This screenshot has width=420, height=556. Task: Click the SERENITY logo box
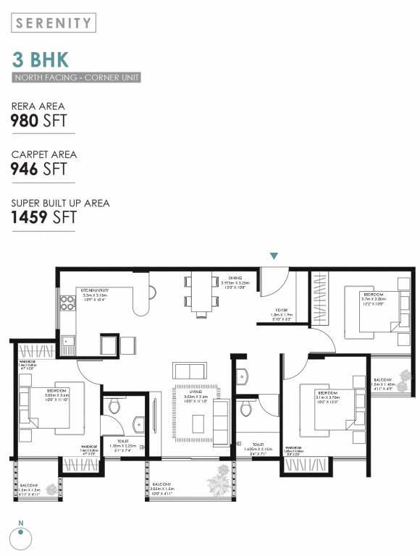[54, 22]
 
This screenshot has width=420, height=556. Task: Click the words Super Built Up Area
[61, 203]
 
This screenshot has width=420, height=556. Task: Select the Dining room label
[235, 278]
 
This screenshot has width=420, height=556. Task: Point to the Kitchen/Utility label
[96, 291]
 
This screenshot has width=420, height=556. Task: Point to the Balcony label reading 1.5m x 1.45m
[382, 384]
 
